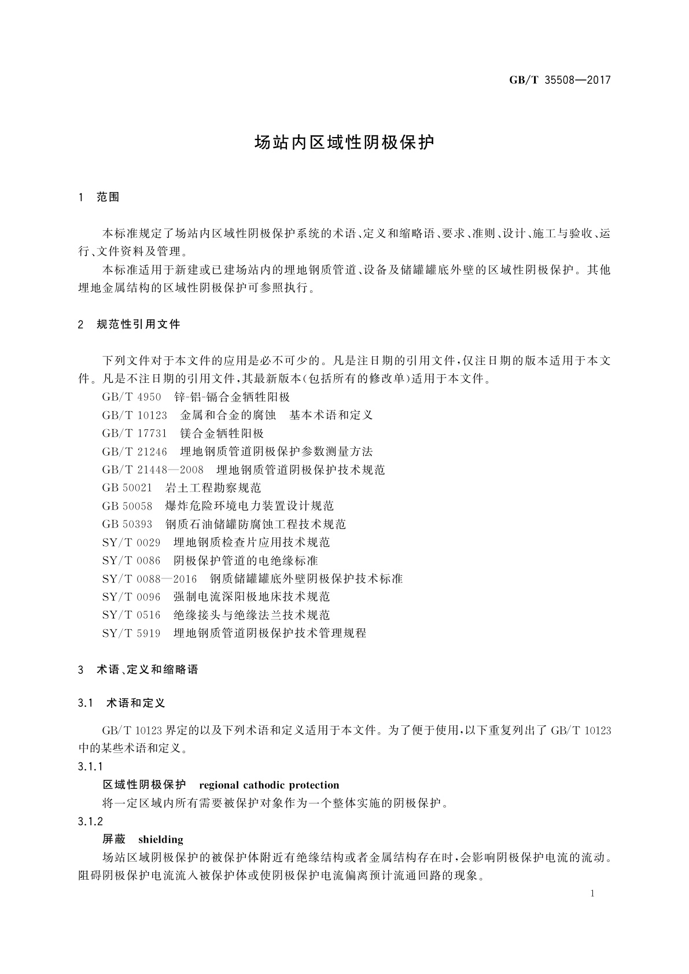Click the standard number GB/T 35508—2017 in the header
pos(559,80)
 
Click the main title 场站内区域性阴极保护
pos(344,143)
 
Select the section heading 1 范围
pos(99,197)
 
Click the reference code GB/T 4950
pos(131,397)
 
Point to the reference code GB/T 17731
pos(134,433)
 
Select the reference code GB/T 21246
pos(134,451)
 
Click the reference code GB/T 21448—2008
pos(153,470)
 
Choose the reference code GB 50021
pos(127,488)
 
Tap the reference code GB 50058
pos(127,506)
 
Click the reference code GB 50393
pos(127,524)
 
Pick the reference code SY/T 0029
pos(131,543)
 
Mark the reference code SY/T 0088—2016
pos(149,579)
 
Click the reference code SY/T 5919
pos(131,633)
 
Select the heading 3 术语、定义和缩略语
pos(138,670)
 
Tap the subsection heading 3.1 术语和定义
pos(121,703)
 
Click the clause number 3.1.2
pos(90,821)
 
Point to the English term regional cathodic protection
pos(269,785)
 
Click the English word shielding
pos(161,840)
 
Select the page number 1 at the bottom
pos(593,894)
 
